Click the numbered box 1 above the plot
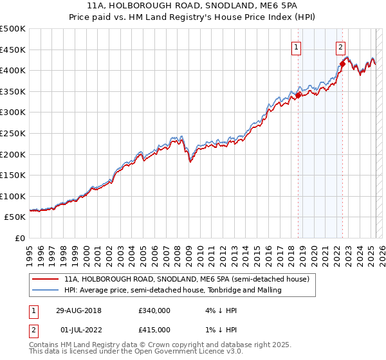297,46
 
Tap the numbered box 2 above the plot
340,46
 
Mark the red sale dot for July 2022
342,64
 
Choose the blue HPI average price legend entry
172,291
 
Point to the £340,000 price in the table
154,310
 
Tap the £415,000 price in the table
154,330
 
